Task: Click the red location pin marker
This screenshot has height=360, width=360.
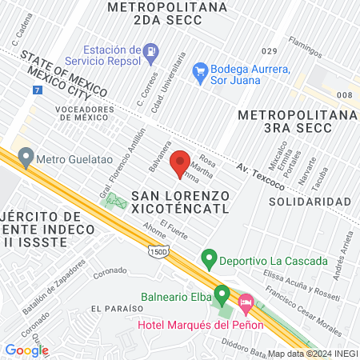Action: [x=180, y=162]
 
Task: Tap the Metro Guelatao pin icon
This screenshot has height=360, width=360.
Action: [x=26, y=156]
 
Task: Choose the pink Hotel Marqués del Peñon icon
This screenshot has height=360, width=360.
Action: [x=246, y=304]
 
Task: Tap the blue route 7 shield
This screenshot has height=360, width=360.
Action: [x=38, y=90]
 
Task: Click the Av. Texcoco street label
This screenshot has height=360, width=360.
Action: [x=261, y=177]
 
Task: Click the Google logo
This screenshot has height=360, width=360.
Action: [x=26, y=350]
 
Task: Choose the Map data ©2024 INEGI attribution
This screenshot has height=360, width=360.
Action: [x=312, y=354]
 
